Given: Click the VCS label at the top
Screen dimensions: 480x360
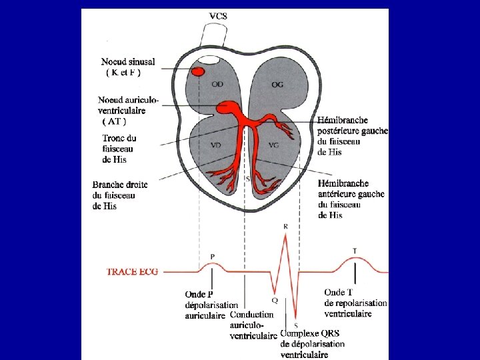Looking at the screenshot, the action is point(218,16).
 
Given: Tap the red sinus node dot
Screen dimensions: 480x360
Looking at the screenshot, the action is point(198,71).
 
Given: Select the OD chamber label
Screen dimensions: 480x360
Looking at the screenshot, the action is point(217,84).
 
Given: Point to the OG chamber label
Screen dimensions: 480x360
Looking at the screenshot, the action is point(277,84).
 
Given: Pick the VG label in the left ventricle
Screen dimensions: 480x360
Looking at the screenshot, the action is point(273,145).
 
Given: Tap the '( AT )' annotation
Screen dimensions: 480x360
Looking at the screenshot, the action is point(114,121).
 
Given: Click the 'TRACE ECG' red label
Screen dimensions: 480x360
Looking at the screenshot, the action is point(132,272).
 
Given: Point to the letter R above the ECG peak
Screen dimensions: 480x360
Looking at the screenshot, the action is point(286,227).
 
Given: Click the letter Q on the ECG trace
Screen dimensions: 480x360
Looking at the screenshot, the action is point(275,301).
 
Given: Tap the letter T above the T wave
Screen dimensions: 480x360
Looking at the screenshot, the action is point(354,251).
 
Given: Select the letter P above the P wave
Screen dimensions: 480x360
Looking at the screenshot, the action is point(212,257).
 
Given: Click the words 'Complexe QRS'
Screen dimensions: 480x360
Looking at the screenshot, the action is point(310,333).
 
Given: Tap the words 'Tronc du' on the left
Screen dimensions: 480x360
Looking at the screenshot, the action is point(119,139).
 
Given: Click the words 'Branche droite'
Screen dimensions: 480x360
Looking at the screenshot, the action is point(120,185).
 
